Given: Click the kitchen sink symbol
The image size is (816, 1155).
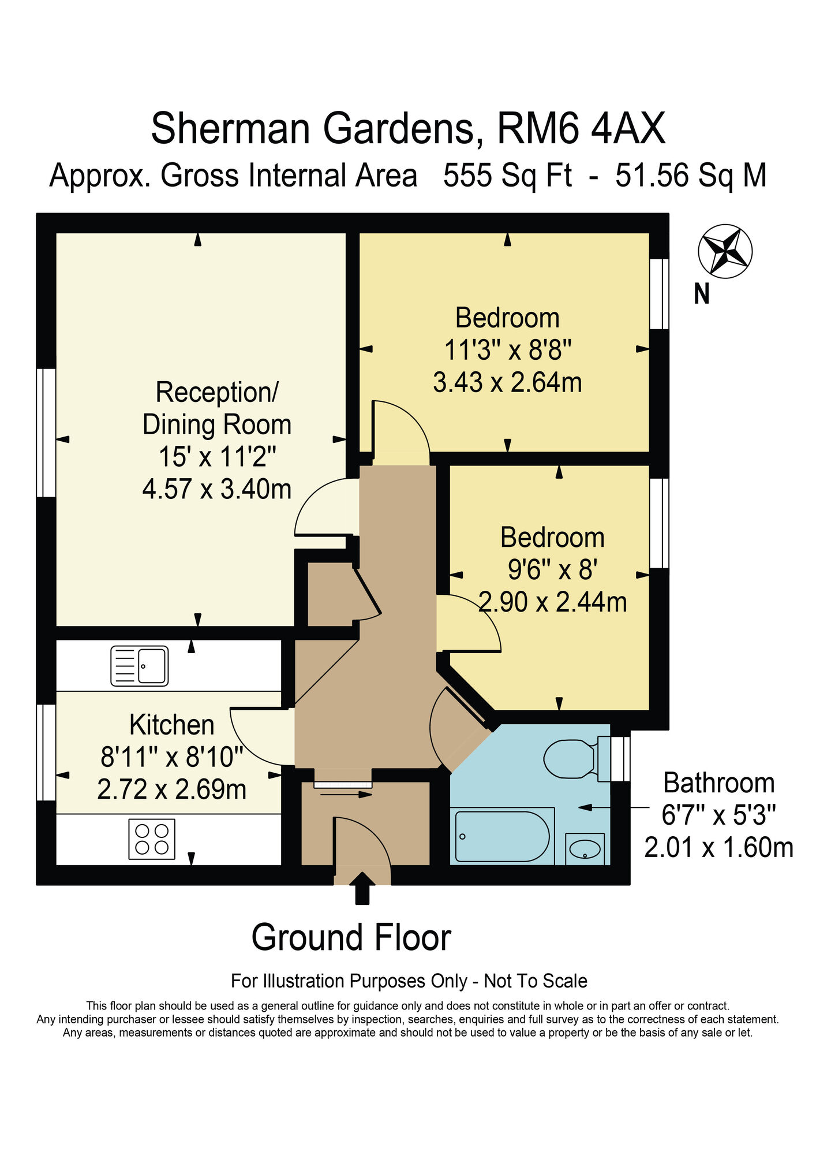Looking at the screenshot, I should (140, 666).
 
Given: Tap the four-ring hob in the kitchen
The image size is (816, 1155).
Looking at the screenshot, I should (152, 839).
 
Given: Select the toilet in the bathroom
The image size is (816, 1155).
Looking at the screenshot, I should (571, 758).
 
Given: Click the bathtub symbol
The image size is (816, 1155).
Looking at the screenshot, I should (502, 836).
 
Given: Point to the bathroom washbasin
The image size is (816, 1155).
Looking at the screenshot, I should (585, 848).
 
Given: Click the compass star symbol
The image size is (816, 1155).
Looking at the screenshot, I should (725, 251).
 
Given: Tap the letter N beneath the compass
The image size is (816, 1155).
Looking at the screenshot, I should (701, 295).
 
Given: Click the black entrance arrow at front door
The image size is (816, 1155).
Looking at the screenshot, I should (362, 888).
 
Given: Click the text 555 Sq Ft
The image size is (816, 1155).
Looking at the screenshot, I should (507, 176).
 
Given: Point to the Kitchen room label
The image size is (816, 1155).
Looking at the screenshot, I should (172, 725).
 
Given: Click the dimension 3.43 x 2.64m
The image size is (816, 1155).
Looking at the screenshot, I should (507, 382).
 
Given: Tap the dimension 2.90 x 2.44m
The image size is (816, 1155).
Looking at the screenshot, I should (553, 602).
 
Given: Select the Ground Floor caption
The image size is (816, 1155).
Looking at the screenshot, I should (351, 937).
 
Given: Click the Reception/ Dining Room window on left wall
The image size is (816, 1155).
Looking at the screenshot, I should (46, 433).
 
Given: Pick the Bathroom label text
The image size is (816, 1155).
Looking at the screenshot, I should (718, 783).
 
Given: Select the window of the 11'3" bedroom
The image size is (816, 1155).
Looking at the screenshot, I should (659, 294).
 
